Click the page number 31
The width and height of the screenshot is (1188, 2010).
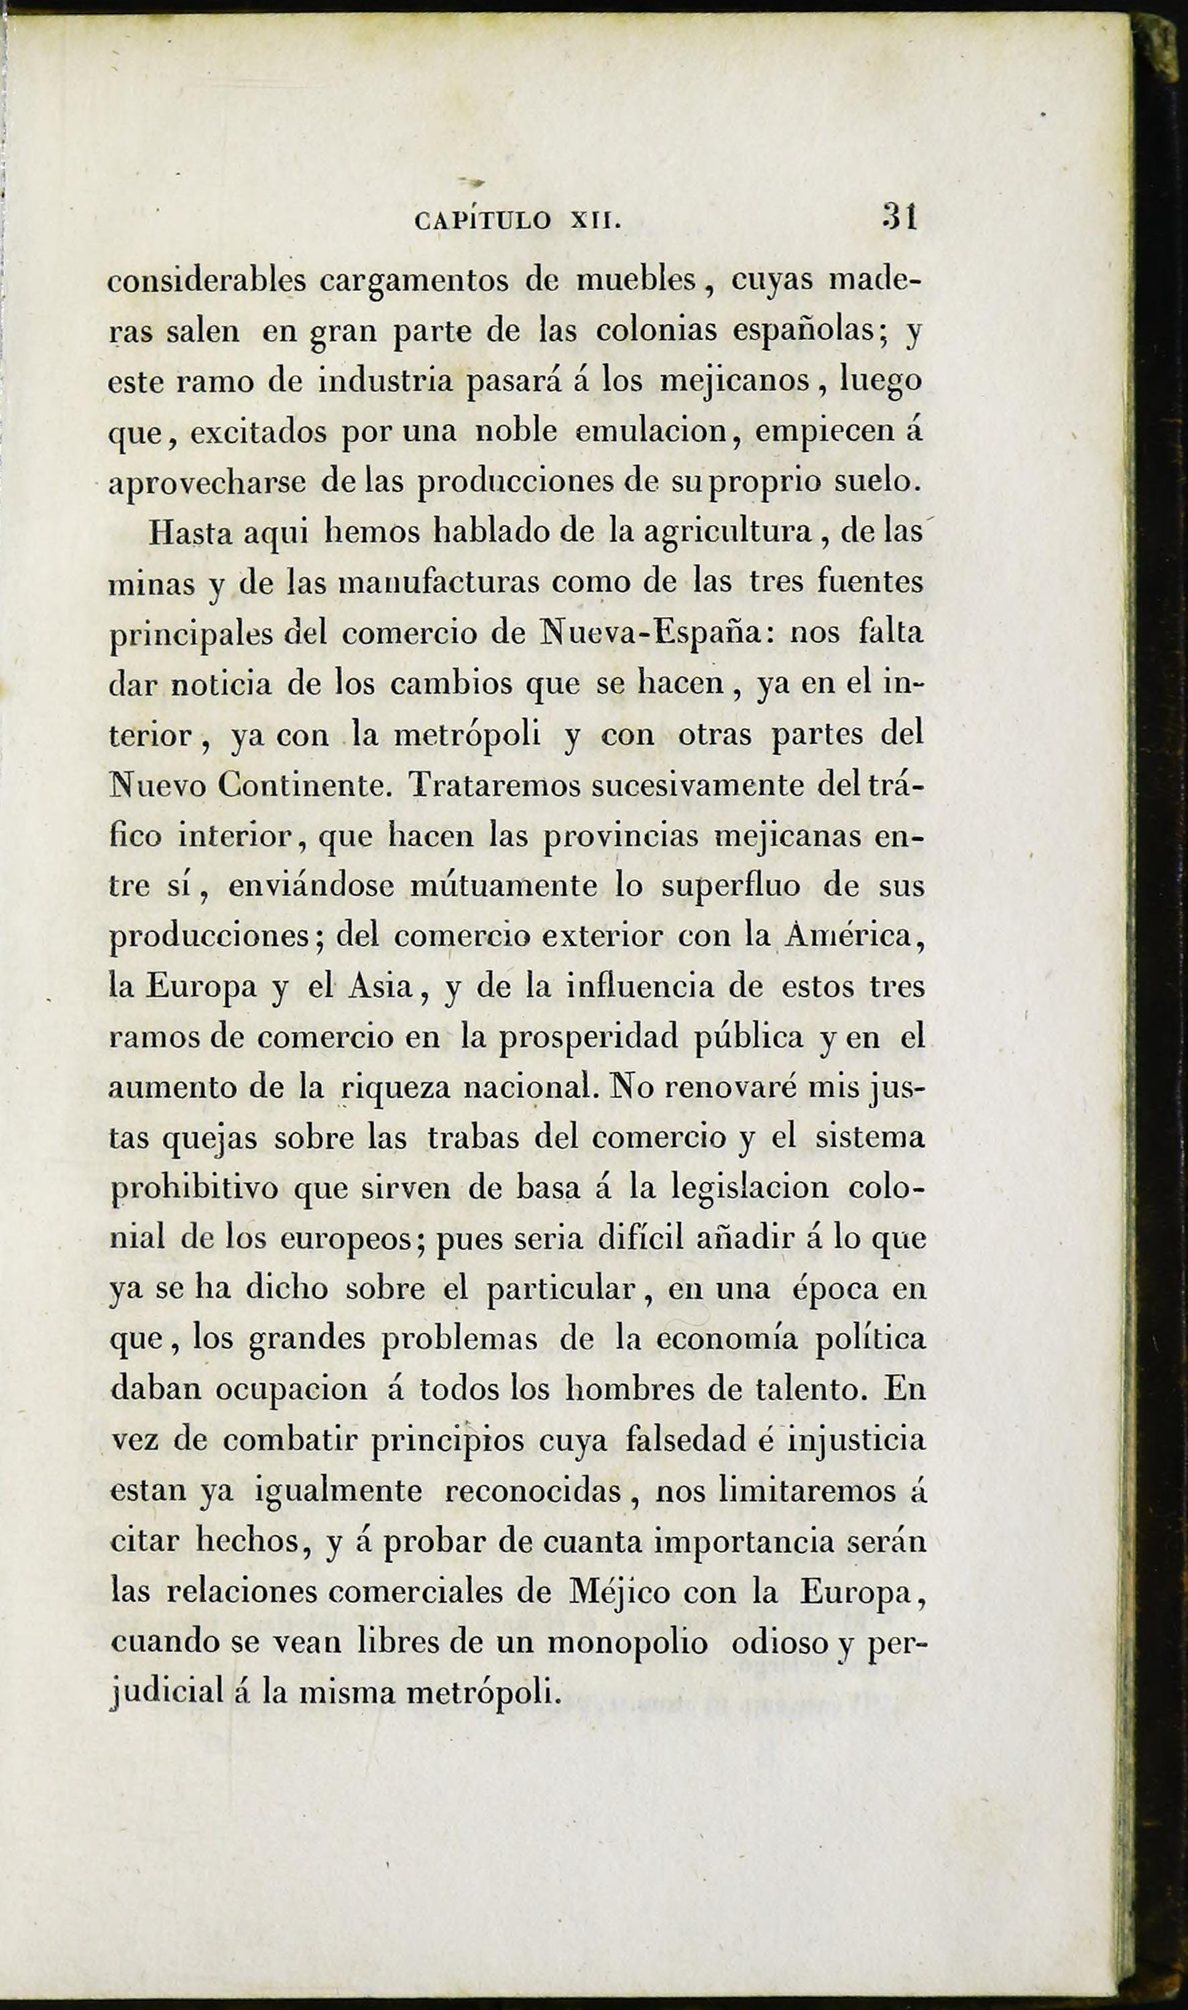[899, 217]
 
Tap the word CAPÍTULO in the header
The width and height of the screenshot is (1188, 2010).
[483, 220]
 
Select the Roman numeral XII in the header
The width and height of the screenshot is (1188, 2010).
[595, 220]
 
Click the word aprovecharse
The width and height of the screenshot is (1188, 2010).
[207, 483]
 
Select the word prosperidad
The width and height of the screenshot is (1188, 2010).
[587, 1038]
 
